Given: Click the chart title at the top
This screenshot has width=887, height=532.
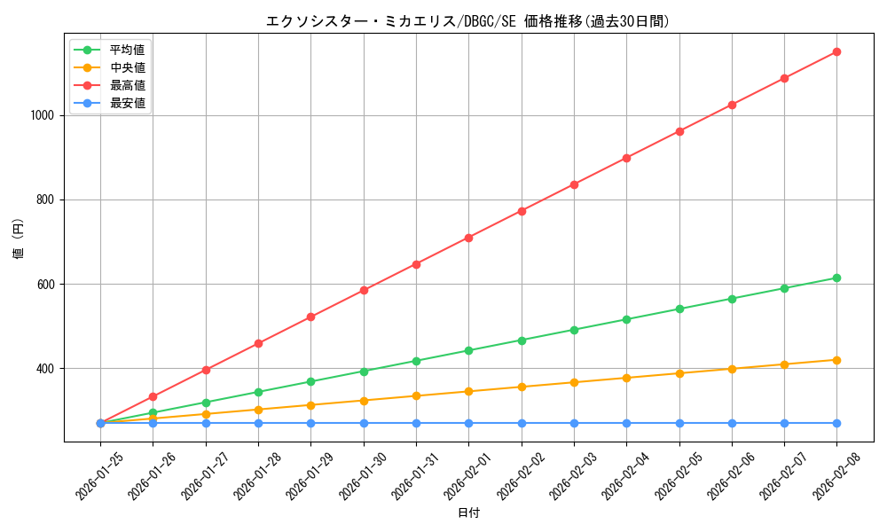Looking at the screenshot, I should click(468, 21).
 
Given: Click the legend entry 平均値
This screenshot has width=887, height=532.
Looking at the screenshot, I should click(127, 50).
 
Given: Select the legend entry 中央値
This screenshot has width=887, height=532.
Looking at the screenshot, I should click(127, 67).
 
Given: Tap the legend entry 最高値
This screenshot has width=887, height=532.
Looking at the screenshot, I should click(127, 85).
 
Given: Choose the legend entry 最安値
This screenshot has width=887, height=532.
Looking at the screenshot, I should click(127, 103).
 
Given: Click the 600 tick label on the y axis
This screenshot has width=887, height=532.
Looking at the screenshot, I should click(45, 285).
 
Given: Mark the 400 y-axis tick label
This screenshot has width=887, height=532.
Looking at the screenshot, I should click(45, 369).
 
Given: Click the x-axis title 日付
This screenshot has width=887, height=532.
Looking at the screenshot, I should click(468, 513).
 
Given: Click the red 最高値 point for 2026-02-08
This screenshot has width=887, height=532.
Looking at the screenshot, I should click(836, 51).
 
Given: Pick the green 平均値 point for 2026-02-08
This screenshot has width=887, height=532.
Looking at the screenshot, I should click(836, 278).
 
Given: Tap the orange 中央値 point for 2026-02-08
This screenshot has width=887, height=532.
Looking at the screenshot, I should click(836, 360).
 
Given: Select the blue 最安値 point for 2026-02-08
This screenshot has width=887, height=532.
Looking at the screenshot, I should click(836, 423).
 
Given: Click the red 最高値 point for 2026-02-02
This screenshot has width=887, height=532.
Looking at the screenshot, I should click(522, 211).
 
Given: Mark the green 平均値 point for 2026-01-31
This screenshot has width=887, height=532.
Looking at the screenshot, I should click(416, 361).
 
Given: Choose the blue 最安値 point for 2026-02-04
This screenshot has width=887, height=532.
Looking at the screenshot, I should click(626, 423).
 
